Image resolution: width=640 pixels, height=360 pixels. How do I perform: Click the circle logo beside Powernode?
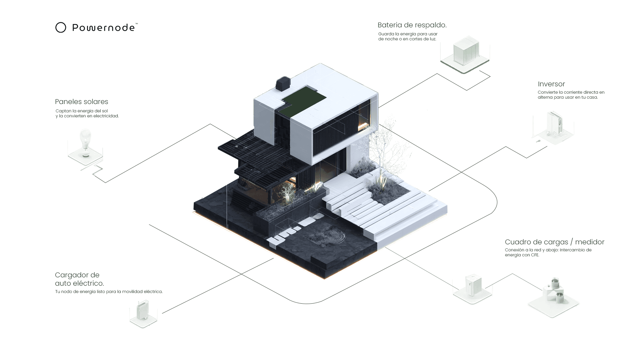point(61,27)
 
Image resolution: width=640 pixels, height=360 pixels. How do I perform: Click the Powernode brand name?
point(103,28)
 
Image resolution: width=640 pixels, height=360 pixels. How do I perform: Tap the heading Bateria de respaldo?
point(412,25)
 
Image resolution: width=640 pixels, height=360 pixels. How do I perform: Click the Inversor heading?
point(551,84)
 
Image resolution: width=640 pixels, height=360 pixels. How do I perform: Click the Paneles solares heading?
point(82,102)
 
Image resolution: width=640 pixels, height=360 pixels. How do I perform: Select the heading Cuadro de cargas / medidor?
point(554,242)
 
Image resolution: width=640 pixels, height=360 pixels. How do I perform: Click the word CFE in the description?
point(535,255)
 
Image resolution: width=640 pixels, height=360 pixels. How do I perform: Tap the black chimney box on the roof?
point(283,84)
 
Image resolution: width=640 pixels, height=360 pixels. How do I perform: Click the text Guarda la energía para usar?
point(408,34)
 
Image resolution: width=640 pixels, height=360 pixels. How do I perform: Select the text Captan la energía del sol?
point(82,111)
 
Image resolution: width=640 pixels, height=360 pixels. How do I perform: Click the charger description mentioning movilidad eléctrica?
point(109,292)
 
